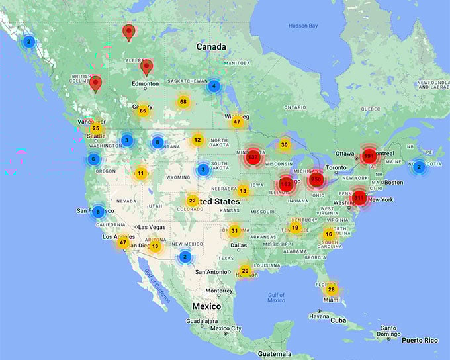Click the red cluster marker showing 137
coord(253,157)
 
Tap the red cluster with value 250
coord(316,179)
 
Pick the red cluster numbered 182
coord(286,183)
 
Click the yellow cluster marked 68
coord(183,102)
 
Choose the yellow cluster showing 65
coord(142,111)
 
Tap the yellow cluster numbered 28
coord(331,289)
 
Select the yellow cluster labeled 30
coord(285,144)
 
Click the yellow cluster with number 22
coord(192,201)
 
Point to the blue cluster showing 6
coord(93,159)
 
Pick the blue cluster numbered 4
coord(213,86)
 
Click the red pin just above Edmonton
coord(147,67)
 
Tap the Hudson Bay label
coord(303,26)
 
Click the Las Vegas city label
coord(152,227)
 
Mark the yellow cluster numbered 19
coord(295,228)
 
